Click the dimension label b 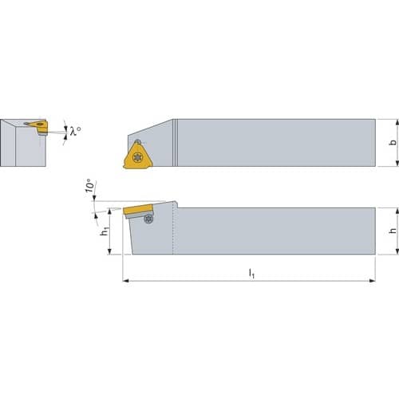(393, 142)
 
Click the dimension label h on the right (393, 231)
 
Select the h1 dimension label (105, 231)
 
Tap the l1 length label (251, 273)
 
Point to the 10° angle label (90, 185)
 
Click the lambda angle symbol (75, 131)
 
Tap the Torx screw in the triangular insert (137, 157)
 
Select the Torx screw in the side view (148, 219)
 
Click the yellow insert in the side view (138, 209)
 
